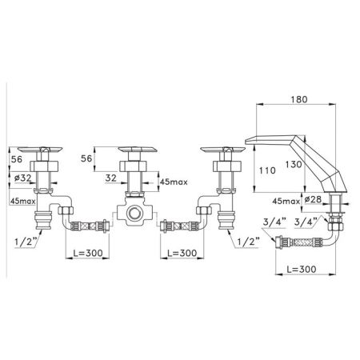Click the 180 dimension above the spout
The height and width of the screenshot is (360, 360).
coord(299,99)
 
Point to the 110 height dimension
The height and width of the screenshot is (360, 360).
coord(267,170)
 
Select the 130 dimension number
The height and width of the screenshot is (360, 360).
coord(294,164)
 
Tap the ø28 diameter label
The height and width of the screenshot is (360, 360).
coord(313,199)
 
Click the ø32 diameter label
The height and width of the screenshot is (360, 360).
coord(22,178)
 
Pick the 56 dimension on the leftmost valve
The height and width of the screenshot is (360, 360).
coord(17,159)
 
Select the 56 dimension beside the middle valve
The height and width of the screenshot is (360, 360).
coord(86,158)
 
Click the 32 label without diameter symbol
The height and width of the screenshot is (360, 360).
coord(111,178)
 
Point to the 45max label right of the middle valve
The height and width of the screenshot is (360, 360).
coord(174,182)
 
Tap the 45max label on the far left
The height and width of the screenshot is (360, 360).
coord(23,201)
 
